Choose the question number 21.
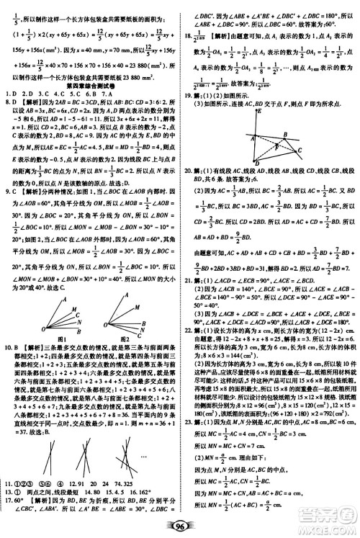click(x=189, y=277)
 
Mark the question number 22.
click(x=189, y=329)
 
